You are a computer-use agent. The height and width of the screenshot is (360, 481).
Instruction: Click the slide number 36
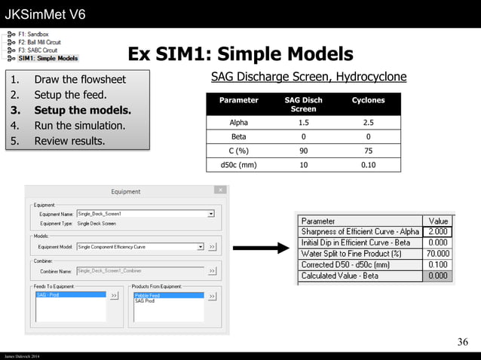pyautogui.click(x=462, y=343)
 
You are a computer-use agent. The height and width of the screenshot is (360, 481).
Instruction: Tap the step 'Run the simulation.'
pyautogui.click(x=78, y=125)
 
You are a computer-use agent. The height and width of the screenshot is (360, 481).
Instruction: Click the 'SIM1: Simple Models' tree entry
pyautogui.click(x=47, y=58)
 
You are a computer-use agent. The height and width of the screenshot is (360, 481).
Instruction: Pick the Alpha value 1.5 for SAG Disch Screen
pyautogui.click(x=303, y=123)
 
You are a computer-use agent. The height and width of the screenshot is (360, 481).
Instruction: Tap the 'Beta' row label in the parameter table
pyautogui.click(x=238, y=137)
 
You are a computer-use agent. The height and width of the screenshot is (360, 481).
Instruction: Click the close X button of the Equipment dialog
pyautogui.click(x=220, y=191)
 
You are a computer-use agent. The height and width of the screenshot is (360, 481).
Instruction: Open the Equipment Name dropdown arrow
pyautogui.click(x=210, y=214)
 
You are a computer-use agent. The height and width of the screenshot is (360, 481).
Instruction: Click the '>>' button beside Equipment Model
pyautogui.click(x=213, y=246)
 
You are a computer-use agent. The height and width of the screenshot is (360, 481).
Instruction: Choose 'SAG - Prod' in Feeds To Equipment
pyautogui.click(x=50, y=295)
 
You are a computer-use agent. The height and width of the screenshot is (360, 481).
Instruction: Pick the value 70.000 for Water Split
pyautogui.click(x=438, y=254)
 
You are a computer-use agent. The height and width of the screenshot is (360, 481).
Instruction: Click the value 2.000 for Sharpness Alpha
pyautogui.click(x=438, y=232)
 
